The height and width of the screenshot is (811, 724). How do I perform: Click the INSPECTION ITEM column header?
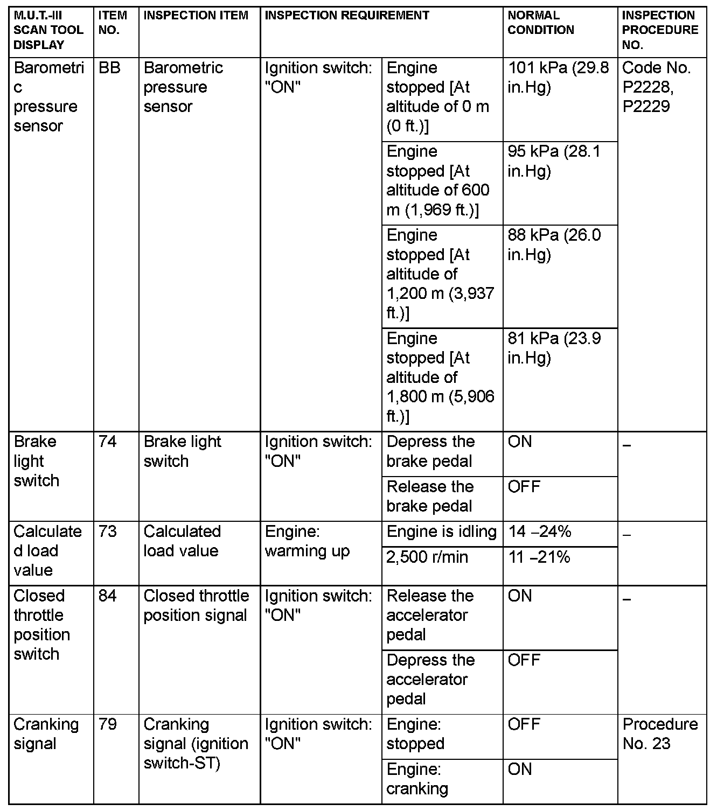pyautogui.click(x=196, y=16)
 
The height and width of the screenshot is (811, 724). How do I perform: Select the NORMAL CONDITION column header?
pyautogui.click(x=541, y=23)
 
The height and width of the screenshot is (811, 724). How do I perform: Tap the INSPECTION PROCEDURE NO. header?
pyautogui.click(x=660, y=30)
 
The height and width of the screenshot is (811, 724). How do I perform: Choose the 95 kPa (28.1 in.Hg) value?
pyautogui.click(x=554, y=161)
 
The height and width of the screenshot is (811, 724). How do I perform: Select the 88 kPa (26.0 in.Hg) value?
pyautogui.click(x=554, y=244)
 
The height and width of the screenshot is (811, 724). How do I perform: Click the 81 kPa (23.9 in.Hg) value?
pyautogui.click(x=554, y=348)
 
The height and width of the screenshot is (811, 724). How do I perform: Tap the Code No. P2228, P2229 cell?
pyautogui.click(x=656, y=87)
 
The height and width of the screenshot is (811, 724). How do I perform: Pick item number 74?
pyautogui.click(x=108, y=442)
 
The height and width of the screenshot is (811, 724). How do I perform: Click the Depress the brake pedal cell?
pyautogui.click(x=430, y=451)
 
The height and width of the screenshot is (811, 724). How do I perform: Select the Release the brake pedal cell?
pyautogui.click(x=430, y=497)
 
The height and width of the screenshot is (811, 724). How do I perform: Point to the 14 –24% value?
pyautogui.click(x=539, y=532)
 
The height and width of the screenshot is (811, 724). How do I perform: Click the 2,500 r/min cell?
pyautogui.click(x=427, y=557)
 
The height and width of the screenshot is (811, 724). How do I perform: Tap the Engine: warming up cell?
pyautogui.click(x=307, y=541)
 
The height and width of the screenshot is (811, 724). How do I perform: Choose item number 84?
pyautogui.click(x=108, y=596)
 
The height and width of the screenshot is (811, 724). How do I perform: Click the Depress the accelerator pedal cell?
pyautogui.click(x=430, y=679)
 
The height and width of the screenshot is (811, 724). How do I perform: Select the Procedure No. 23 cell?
pyautogui.click(x=660, y=734)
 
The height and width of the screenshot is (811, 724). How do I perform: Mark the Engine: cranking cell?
pyautogui.click(x=417, y=779)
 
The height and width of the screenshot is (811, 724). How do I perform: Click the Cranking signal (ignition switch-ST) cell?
pyautogui.click(x=196, y=744)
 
